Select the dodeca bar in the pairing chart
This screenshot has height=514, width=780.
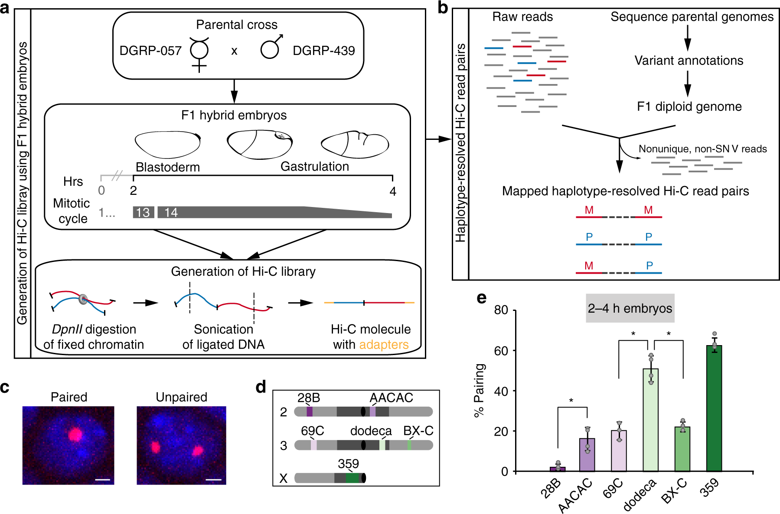click(x=650, y=420)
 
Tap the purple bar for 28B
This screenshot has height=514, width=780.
click(x=558, y=469)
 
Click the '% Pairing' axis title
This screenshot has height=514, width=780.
click(x=479, y=390)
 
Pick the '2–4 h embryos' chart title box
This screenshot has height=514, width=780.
click(x=630, y=308)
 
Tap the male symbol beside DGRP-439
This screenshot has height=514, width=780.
click(x=271, y=48)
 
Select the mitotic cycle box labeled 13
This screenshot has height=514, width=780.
click(x=143, y=212)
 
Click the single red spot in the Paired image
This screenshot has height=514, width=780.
click(x=75, y=434)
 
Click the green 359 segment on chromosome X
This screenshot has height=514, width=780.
click(x=352, y=478)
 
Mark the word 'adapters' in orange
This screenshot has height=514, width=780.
click(x=384, y=345)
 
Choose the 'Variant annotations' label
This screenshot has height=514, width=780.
click(x=689, y=61)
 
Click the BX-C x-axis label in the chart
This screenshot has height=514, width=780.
click(x=674, y=491)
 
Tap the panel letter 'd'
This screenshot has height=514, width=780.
click(x=261, y=386)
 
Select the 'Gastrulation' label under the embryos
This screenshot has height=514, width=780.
click(x=315, y=167)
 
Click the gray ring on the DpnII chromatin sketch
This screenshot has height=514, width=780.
click(x=83, y=299)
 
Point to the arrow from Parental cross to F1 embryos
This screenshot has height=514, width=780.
click(x=234, y=91)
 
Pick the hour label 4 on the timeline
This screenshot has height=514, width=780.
click(x=393, y=191)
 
